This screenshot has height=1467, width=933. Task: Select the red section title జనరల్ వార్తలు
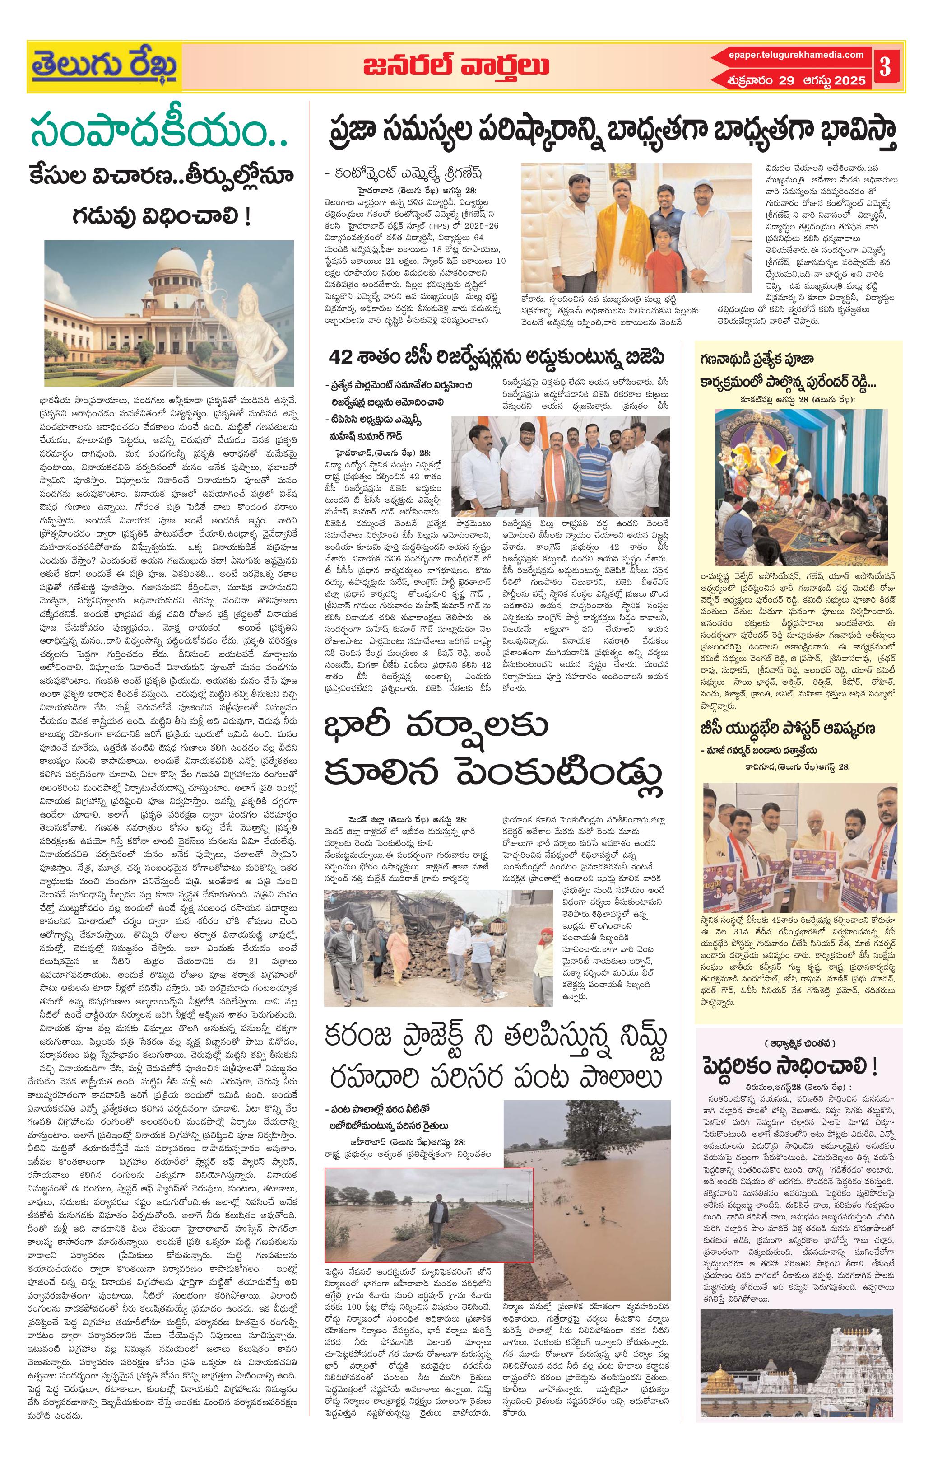click(455, 66)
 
